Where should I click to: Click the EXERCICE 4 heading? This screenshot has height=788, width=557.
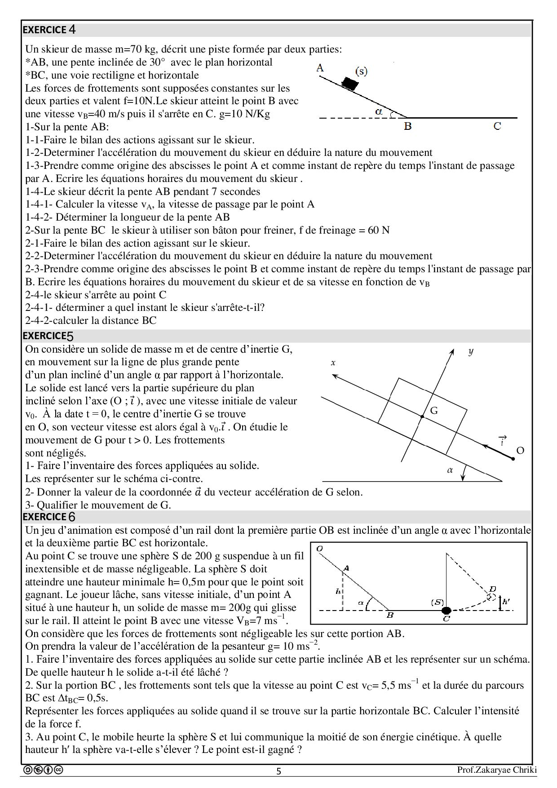pyautogui.click(x=49, y=30)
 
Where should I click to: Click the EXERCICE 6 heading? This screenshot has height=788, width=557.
pyautogui.click(x=49, y=517)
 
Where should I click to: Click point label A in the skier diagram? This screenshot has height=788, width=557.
pyautogui.click(x=320, y=68)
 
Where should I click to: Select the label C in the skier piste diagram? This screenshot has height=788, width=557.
pyautogui.click(x=497, y=126)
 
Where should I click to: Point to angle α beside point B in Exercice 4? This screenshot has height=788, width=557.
pyautogui.click(x=379, y=111)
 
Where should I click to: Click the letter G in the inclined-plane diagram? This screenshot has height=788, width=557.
pyautogui.click(x=434, y=410)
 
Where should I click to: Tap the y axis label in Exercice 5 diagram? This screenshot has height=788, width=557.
pyautogui.click(x=470, y=351)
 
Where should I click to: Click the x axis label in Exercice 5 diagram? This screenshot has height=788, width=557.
pyautogui.click(x=333, y=363)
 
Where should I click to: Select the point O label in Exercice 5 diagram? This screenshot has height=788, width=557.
pyautogui.click(x=520, y=451)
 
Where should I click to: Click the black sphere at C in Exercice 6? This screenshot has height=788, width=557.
pyautogui.click(x=446, y=610)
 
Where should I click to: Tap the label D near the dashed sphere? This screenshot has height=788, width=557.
pyautogui.click(x=493, y=589)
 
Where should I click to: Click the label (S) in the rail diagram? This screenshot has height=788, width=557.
pyautogui.click(x=437, y=602)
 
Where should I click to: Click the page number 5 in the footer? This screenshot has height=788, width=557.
pyautogui.click(x=278, y=771)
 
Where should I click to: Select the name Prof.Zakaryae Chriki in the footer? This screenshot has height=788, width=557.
pyautogui.click(x=496, y=770)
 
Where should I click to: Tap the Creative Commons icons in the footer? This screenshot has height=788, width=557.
pyautogui.click(x=43, y=770)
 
